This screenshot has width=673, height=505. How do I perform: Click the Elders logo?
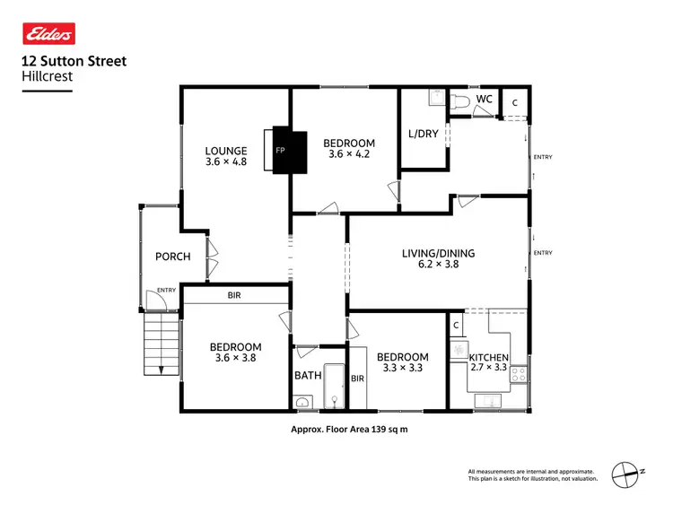pyautogui.click(x=48, y=34)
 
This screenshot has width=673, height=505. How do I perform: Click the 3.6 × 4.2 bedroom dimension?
pyautogui.click(x=349, y=154)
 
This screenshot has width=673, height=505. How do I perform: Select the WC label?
pyautogui.click(x=484, y=99)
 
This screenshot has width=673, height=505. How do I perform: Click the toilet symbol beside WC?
pyautogui.click(x=458, y=101)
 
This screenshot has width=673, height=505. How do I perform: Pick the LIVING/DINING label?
pyautogui.click(x=439, y=253)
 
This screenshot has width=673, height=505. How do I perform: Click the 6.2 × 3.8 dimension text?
pyautogui.click(x=439, y=266)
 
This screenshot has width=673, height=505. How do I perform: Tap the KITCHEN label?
pyautogui.click(x=489, y=358)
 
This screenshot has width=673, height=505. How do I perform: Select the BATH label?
pyautogui.click(x=308, y=376)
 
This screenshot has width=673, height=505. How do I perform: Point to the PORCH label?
pyautogui.click(x=173, y=257)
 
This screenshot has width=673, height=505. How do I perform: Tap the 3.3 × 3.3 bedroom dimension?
pyautogui.click(x=400, y=368)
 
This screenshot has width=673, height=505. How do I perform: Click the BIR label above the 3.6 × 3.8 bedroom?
pyautogui.click(x=235, y=295)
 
